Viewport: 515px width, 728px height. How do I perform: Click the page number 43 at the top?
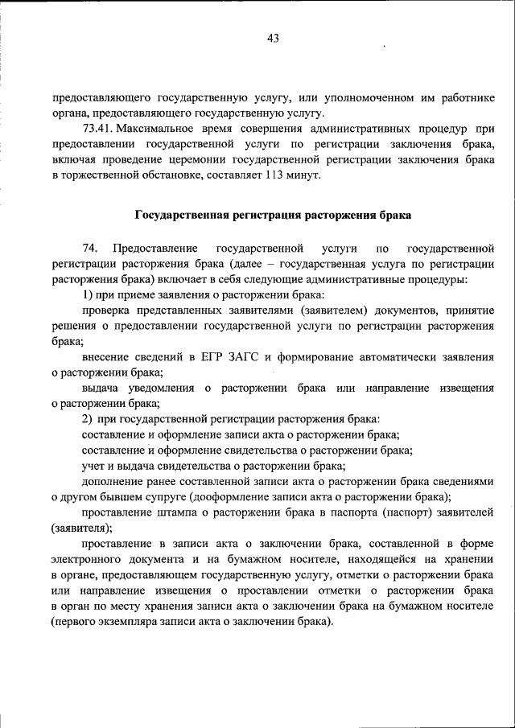tap(271, 38)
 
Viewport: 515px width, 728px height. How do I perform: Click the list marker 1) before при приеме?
tap(88, 294)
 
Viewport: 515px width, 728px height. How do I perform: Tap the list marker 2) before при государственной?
tap(88, 419)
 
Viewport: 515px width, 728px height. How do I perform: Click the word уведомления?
tap(158, 388)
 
